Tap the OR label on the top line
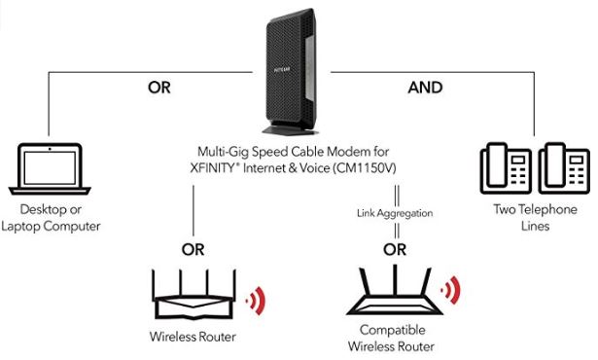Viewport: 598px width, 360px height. point(159,87)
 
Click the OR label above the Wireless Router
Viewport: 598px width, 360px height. point(193,249)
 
